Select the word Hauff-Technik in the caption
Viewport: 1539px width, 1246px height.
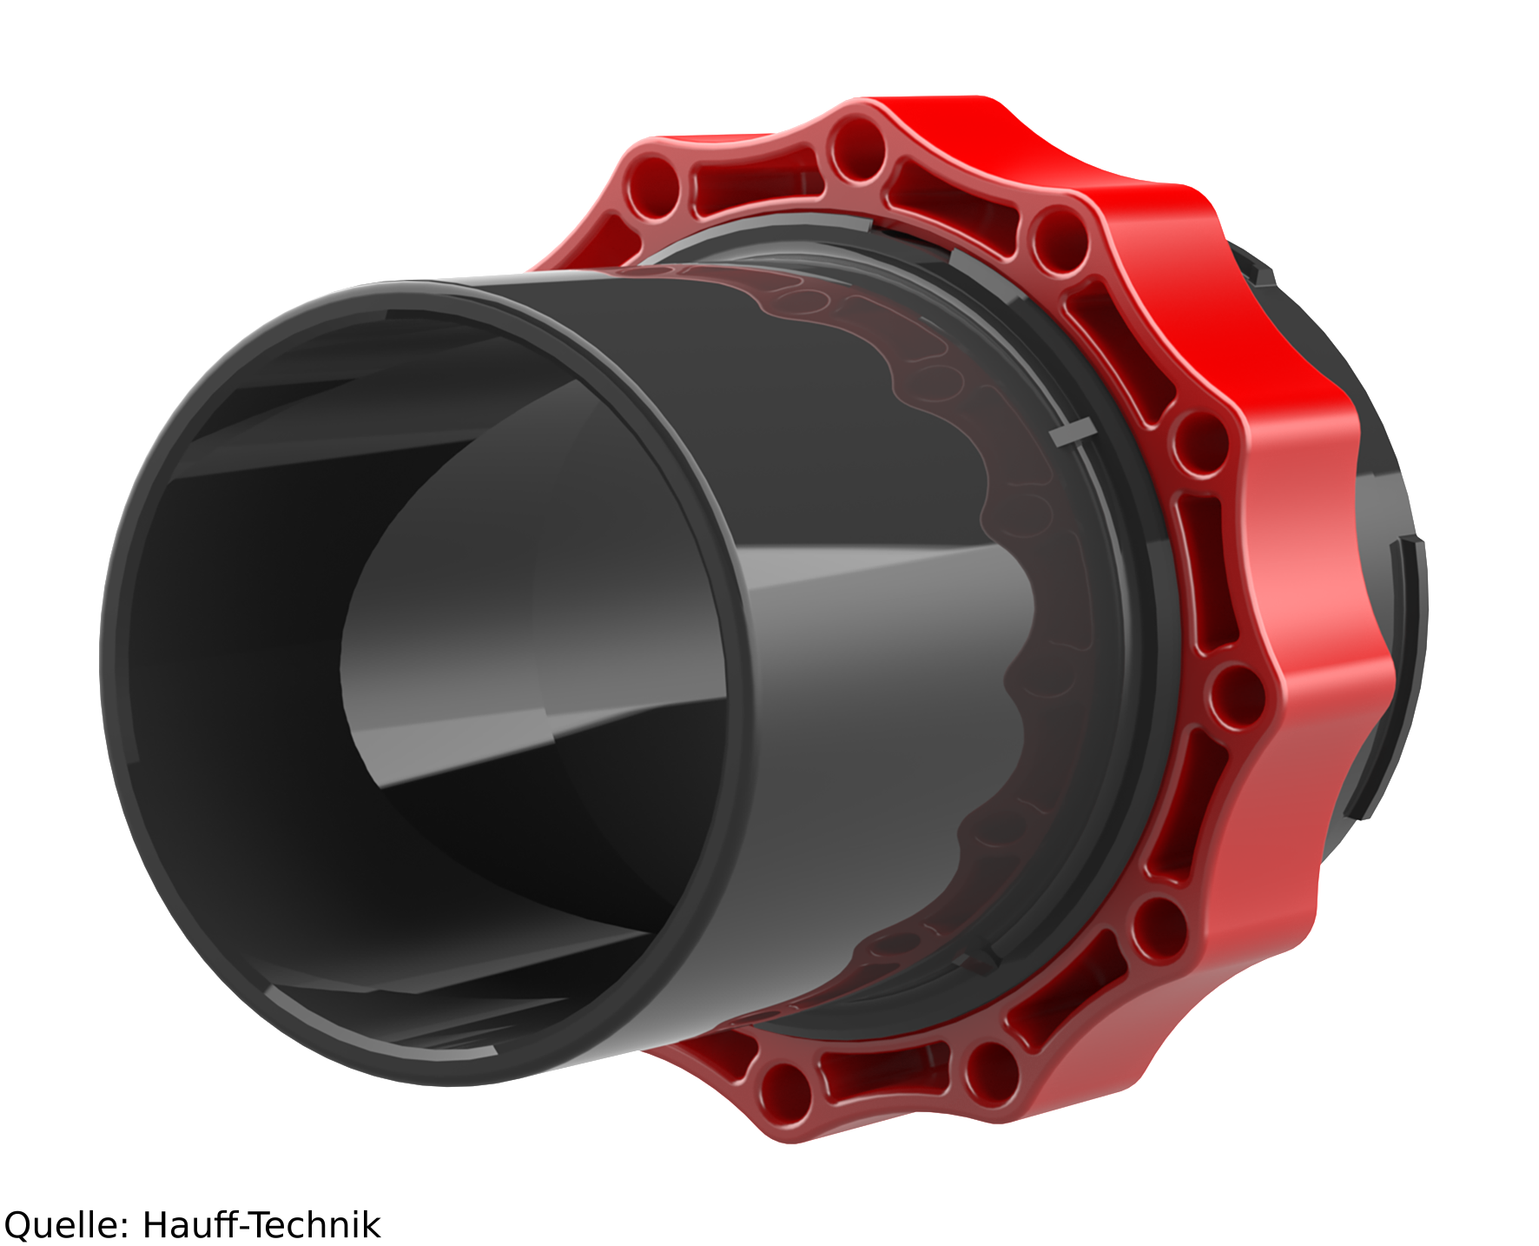point(261,1224)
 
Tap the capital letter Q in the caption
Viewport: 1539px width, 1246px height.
point(17,1226)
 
